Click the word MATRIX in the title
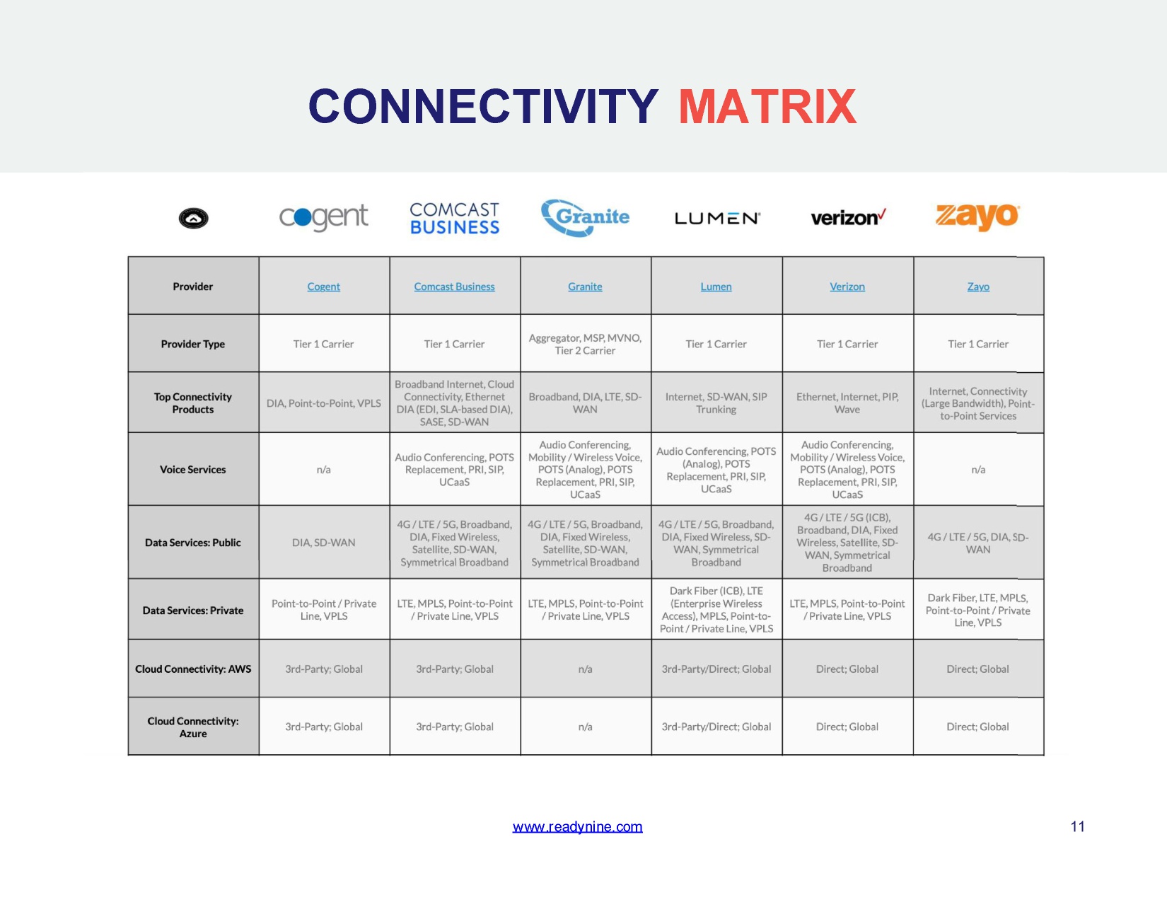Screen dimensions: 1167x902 point(767,106)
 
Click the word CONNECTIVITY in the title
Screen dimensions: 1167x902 point(483,106)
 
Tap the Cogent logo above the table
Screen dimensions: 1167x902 point(323,218)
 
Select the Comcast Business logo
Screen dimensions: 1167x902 point(454,218)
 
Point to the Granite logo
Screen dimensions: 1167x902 point(585,218)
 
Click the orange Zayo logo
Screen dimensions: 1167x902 point(977,216)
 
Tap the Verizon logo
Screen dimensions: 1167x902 point(848,218)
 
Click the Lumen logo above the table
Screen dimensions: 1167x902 point(717,218)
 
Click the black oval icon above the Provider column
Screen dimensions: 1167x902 point(193,218)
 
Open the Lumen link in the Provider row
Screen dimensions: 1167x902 point(716,287)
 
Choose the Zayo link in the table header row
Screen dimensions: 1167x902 point(978,287)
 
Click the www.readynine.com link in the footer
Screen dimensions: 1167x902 point(577,826)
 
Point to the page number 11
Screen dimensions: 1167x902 point(1077,826)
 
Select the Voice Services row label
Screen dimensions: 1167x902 point(193,470)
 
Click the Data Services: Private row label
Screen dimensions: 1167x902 point(193,611)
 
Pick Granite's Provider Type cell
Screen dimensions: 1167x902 point(586,344)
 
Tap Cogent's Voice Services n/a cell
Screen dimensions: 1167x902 point(324,469)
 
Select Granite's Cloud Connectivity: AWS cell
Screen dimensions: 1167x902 point(586,669)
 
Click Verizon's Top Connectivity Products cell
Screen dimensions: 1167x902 point(847,403)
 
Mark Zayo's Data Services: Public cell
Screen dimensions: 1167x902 point(978,542)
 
